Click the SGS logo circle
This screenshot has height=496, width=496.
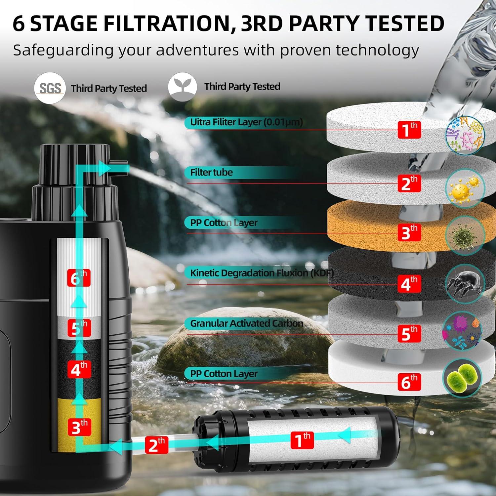click(x=50, y=88)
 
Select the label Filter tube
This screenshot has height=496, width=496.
click(x=211, y=172)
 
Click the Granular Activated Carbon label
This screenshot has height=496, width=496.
click(x=246, y=323)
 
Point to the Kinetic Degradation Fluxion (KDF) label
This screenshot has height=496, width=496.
click(x=262, y=273)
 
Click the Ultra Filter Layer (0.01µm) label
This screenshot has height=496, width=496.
click(x=246, y=122)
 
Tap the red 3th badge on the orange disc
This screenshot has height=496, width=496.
click(x=409, y=232)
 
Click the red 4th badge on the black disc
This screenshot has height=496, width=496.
click(x=409, y=283)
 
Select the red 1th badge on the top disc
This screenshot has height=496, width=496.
click(x=409, y=129)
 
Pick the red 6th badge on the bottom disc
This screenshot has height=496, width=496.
click(x=409, y=382)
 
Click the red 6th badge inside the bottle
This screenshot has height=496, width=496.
click(x=79, y=278)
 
